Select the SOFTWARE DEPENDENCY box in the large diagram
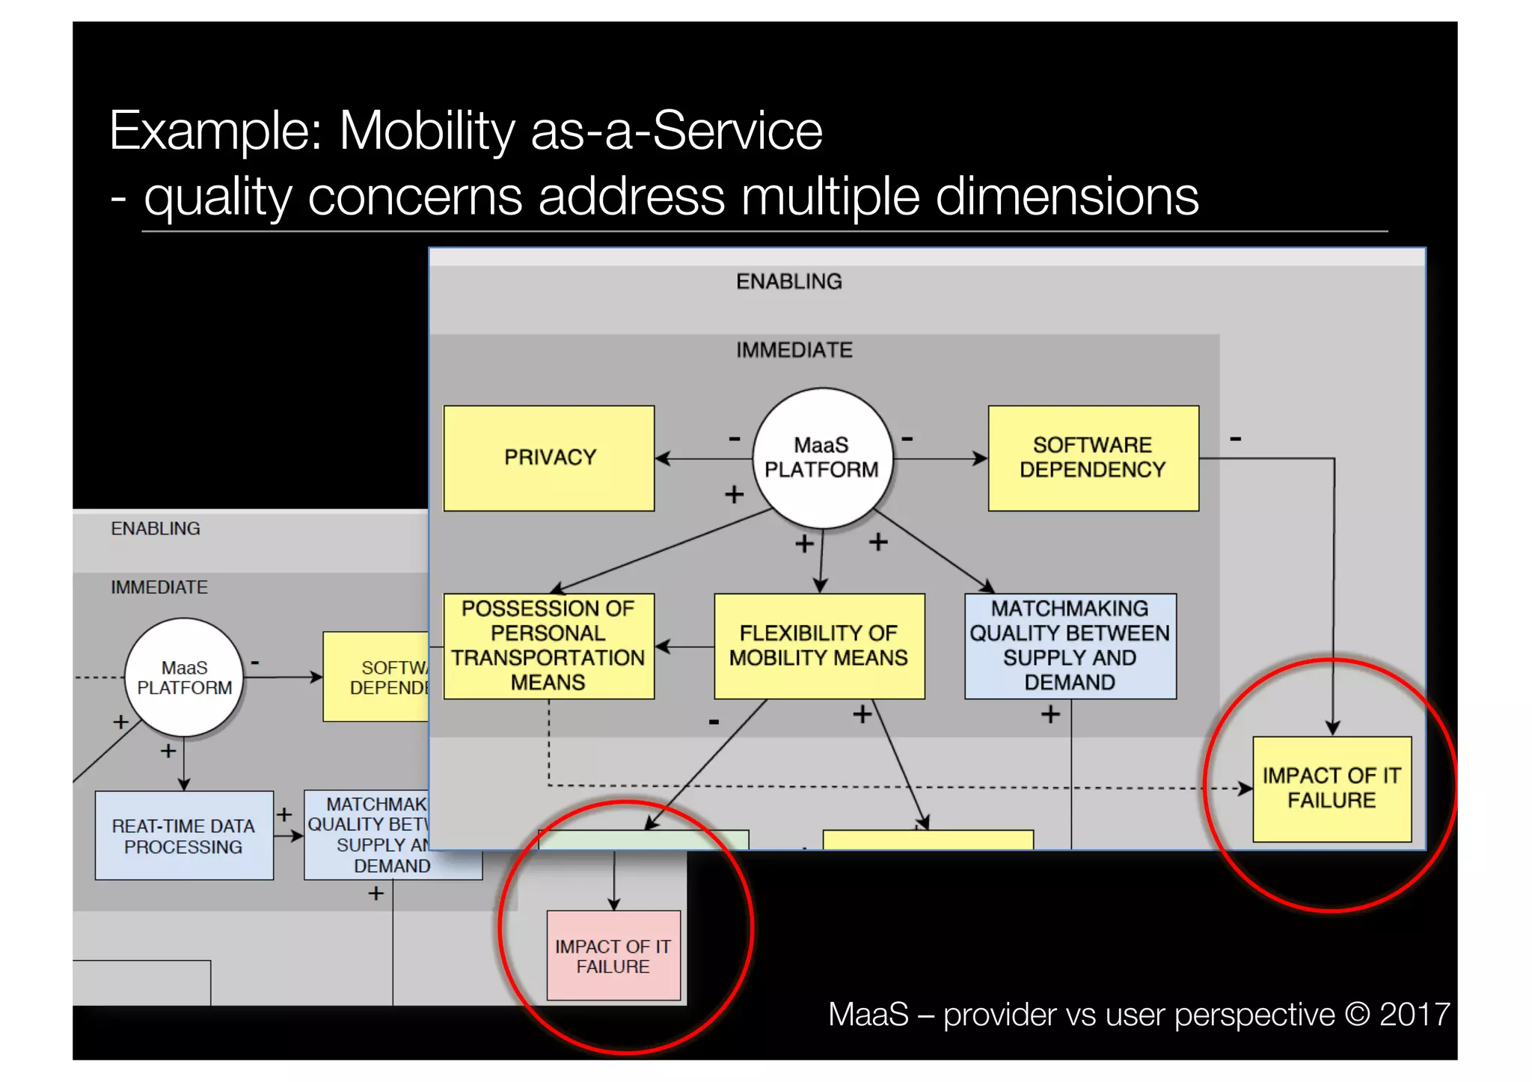coord(1092,458)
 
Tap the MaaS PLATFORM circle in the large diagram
coord(821,458)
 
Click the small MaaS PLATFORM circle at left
coord(184,677)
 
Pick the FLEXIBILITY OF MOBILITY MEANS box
coord(818,646)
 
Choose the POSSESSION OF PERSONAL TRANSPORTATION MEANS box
coord(548,646)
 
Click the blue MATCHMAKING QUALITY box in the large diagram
coord(1070,646)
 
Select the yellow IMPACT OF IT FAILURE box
coord(1332,788)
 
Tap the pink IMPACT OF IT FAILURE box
coord(613,956)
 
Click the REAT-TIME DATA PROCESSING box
coord(184,836)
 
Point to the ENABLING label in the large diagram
coord(788,282)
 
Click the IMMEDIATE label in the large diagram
coord(794,350)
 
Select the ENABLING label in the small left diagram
coord(156,529)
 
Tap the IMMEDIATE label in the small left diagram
coord(159,588)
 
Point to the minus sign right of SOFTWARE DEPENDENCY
coord(1236,439)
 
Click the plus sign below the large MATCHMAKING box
coord(1050,715)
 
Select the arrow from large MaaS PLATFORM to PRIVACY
coord(703,458)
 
